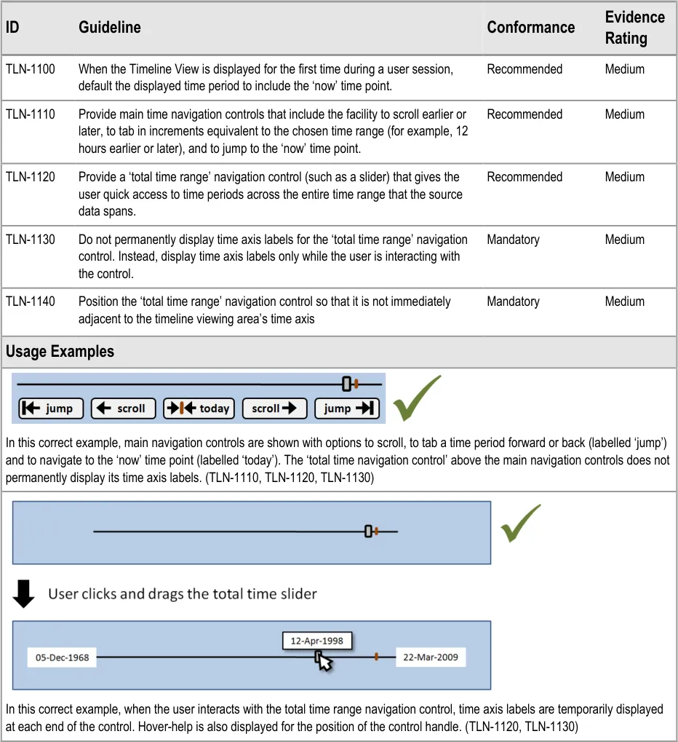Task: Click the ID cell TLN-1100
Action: point(31,69)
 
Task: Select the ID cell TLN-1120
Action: point(31,177)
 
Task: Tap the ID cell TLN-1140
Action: point(31,301)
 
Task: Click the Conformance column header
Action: point(531,28)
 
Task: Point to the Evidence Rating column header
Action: point(634,28)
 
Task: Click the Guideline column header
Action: point(110,28)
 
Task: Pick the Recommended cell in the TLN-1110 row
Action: point(525,114)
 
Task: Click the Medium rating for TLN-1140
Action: point(624,301)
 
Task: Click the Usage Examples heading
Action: point(60,352)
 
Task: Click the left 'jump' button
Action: point(51,409)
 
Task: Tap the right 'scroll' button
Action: point(274,409)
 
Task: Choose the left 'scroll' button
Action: point(122,409)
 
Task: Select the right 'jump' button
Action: point(347,409)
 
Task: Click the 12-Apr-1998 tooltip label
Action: point(316,641)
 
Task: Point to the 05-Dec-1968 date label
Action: point(63,658)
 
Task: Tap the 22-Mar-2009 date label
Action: point(431,658)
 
